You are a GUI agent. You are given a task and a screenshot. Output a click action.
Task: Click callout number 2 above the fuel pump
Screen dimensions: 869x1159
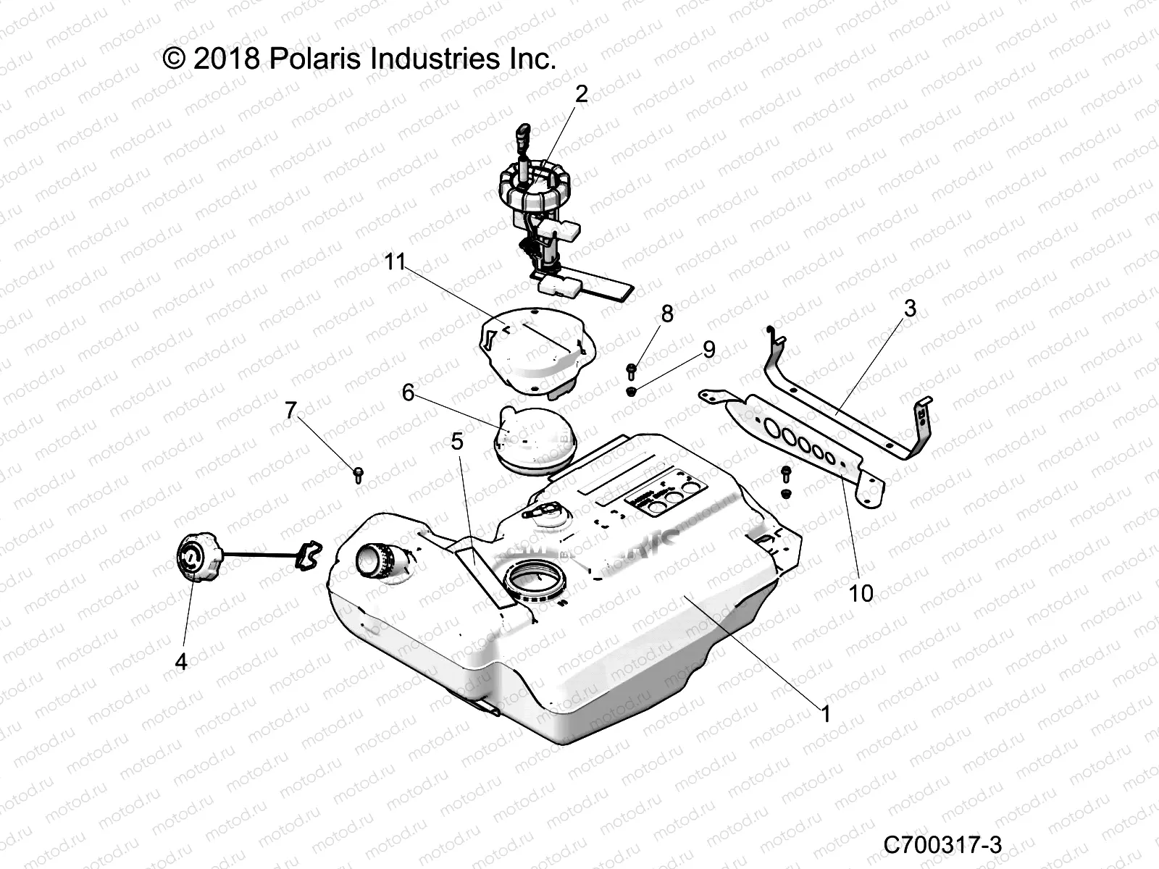point(582,94)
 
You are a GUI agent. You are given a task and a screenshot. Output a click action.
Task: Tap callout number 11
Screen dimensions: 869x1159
point(395,261)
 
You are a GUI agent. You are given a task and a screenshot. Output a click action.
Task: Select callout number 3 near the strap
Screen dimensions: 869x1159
point(910,308)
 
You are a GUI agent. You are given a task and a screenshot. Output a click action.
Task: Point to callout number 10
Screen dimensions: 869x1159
point(861,594)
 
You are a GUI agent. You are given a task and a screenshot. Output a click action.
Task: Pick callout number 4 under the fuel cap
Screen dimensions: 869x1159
point(181,660)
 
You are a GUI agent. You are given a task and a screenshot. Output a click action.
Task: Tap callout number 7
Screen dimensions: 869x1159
point(290,411)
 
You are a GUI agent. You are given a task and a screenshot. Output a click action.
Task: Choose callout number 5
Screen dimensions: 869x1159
point(456,441)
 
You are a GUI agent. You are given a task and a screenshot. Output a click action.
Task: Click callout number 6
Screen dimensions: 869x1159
point(408,392)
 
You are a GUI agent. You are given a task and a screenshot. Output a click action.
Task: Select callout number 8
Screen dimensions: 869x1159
point(667,314)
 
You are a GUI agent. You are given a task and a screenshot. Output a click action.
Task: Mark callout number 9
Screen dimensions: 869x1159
point(708,350)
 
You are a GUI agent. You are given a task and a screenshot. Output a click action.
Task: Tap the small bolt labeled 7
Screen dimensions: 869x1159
point(358,474)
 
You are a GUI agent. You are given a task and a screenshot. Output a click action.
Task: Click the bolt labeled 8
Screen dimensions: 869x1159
point(631,371)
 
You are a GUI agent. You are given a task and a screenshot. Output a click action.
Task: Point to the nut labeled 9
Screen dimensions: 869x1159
point(631,392)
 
